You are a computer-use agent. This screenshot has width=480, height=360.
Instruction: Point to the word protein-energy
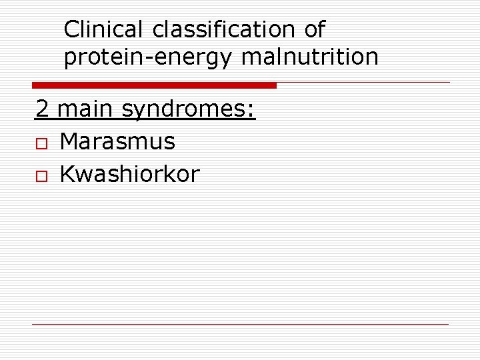147,58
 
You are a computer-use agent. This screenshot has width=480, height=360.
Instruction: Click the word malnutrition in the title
310,57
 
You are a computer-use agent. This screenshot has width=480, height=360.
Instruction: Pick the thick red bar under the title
154,85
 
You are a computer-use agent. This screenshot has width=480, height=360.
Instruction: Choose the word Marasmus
117,141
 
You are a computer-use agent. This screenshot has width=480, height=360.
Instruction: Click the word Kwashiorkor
129,174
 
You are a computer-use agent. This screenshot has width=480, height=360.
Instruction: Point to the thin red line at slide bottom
241,325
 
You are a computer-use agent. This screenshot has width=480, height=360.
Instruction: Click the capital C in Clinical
72,29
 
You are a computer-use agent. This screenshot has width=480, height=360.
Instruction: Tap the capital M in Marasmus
69,141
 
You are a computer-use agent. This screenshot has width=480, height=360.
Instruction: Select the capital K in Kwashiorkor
67,174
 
